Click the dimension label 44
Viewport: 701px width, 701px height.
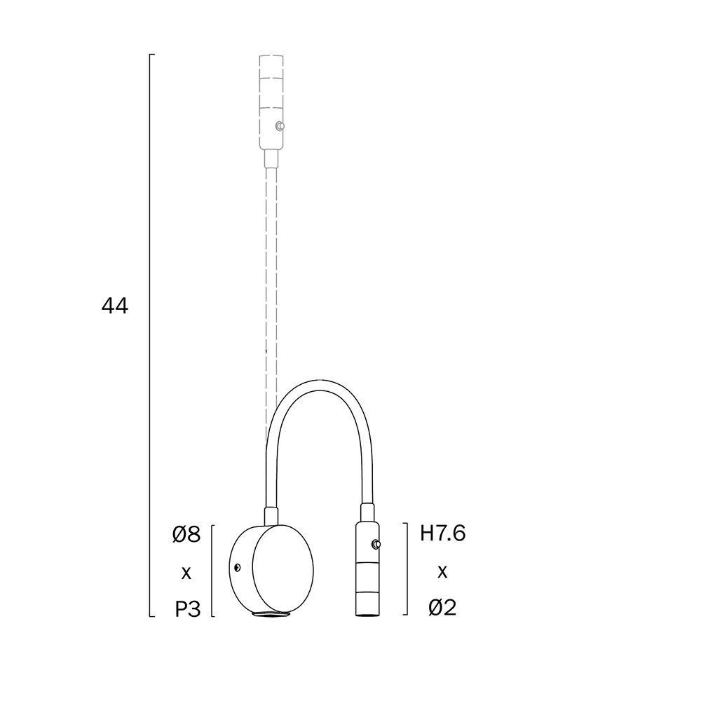[115, 306]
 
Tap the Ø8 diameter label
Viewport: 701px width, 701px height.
[186, 534]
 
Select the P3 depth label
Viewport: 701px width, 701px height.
[187, 608]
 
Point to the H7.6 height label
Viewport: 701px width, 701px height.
[442, 533]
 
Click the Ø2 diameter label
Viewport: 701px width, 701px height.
[442, 608]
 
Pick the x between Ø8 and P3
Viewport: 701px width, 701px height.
[186, 573]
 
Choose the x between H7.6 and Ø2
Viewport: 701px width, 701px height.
[442, 571]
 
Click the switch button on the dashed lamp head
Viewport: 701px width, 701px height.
[280, 126]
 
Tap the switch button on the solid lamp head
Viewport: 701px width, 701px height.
[376, 544]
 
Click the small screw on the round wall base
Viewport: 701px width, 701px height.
[237, 567]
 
